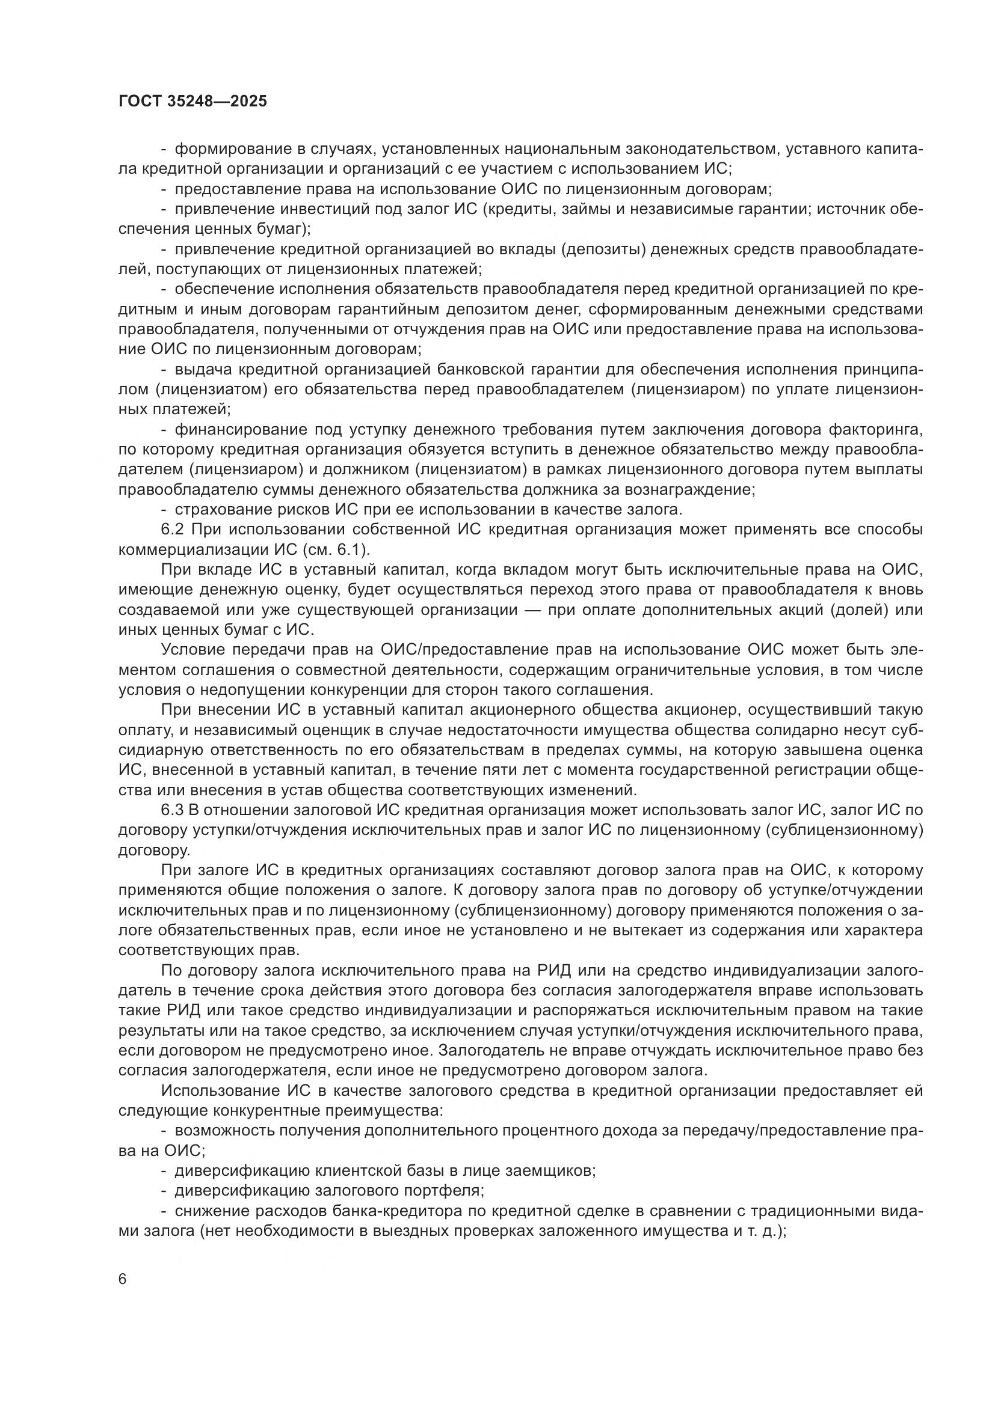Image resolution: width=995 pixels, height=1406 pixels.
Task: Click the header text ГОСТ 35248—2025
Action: (193, 102)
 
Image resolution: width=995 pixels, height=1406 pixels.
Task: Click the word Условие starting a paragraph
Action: (193, 650)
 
